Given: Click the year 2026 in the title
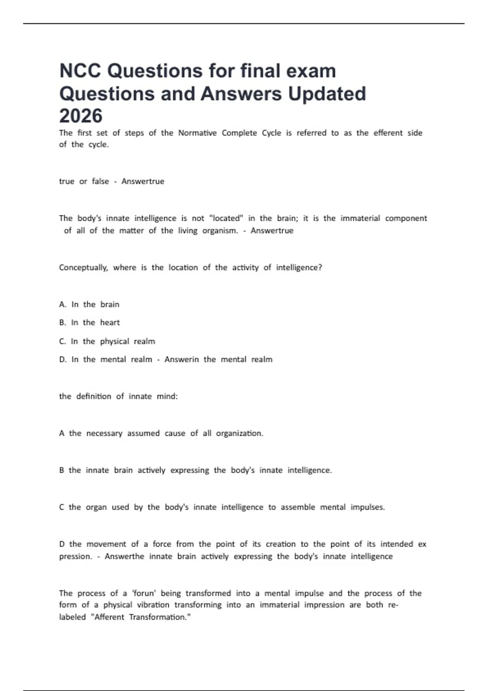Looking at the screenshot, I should tap(81, 116).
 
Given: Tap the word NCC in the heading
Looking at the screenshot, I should tap(80, 71).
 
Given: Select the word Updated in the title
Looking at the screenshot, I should tap(327, 93).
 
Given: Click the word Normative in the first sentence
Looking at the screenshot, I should tap(197, 133).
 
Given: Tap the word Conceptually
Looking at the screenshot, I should tap(83, 267).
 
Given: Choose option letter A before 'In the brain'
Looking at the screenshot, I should tap(62, 304).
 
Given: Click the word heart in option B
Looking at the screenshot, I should tap(110, 322).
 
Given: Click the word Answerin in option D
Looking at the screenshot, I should tap(181, 359).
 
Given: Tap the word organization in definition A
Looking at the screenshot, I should tap(239, 433).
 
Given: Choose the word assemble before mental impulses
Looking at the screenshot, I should tap(298, 507).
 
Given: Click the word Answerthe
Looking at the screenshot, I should tap(124, 556).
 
